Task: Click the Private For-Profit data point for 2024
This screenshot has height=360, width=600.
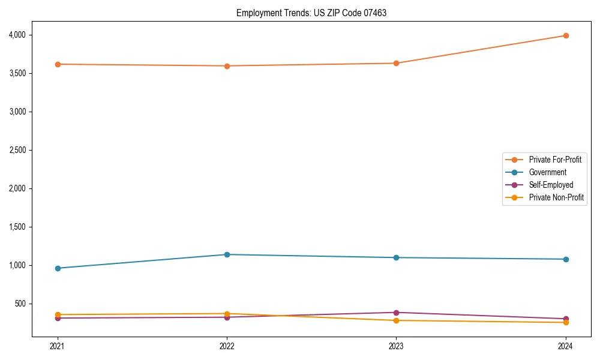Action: click(566, 35)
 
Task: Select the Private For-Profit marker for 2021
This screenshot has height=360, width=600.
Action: click(58, 64)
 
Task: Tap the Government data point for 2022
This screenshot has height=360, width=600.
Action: click(227, 254)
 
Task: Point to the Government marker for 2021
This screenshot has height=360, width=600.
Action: click(58, 268)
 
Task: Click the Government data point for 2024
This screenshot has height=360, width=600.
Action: click(566, 259)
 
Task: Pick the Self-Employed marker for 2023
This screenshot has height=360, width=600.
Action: click(396, 313)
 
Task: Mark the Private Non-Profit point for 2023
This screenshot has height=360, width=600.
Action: click(396, 320)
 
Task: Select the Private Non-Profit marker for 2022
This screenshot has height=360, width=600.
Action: click(227, 314)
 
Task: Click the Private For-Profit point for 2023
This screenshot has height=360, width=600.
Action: click(396, 63)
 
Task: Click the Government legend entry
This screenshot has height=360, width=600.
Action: click(547, 172)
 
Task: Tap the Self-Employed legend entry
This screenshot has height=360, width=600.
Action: click(551, 185)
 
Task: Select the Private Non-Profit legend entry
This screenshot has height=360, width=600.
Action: click(556, 197)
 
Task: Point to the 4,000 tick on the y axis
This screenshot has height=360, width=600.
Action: click(18, 35)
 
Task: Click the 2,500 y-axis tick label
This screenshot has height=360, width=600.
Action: click(18, 150)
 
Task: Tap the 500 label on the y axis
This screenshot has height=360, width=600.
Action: click(22, 304)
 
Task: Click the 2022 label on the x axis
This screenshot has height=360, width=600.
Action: click(227, 346)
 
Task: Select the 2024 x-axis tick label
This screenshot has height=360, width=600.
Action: click(566, 346)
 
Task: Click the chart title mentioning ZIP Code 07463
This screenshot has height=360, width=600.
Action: click(311, 13)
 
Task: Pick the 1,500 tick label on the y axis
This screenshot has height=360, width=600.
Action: click(18, 227)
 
